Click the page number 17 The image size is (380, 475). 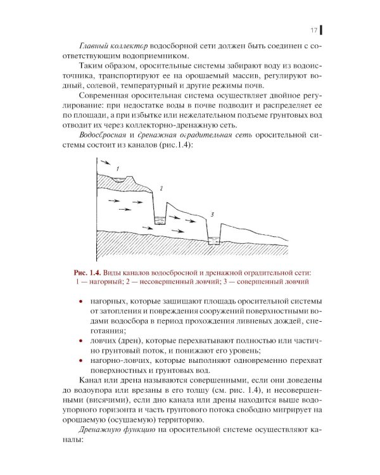coord(313,30)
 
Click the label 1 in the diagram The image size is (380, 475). coord(117,167)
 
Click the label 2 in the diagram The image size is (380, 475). coord(161,189)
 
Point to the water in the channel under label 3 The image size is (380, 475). coord(214,241)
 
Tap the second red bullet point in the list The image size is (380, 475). coord(80,341)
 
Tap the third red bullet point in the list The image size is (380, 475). coord(80,361)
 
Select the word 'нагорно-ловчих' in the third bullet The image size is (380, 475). coord(118,361)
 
